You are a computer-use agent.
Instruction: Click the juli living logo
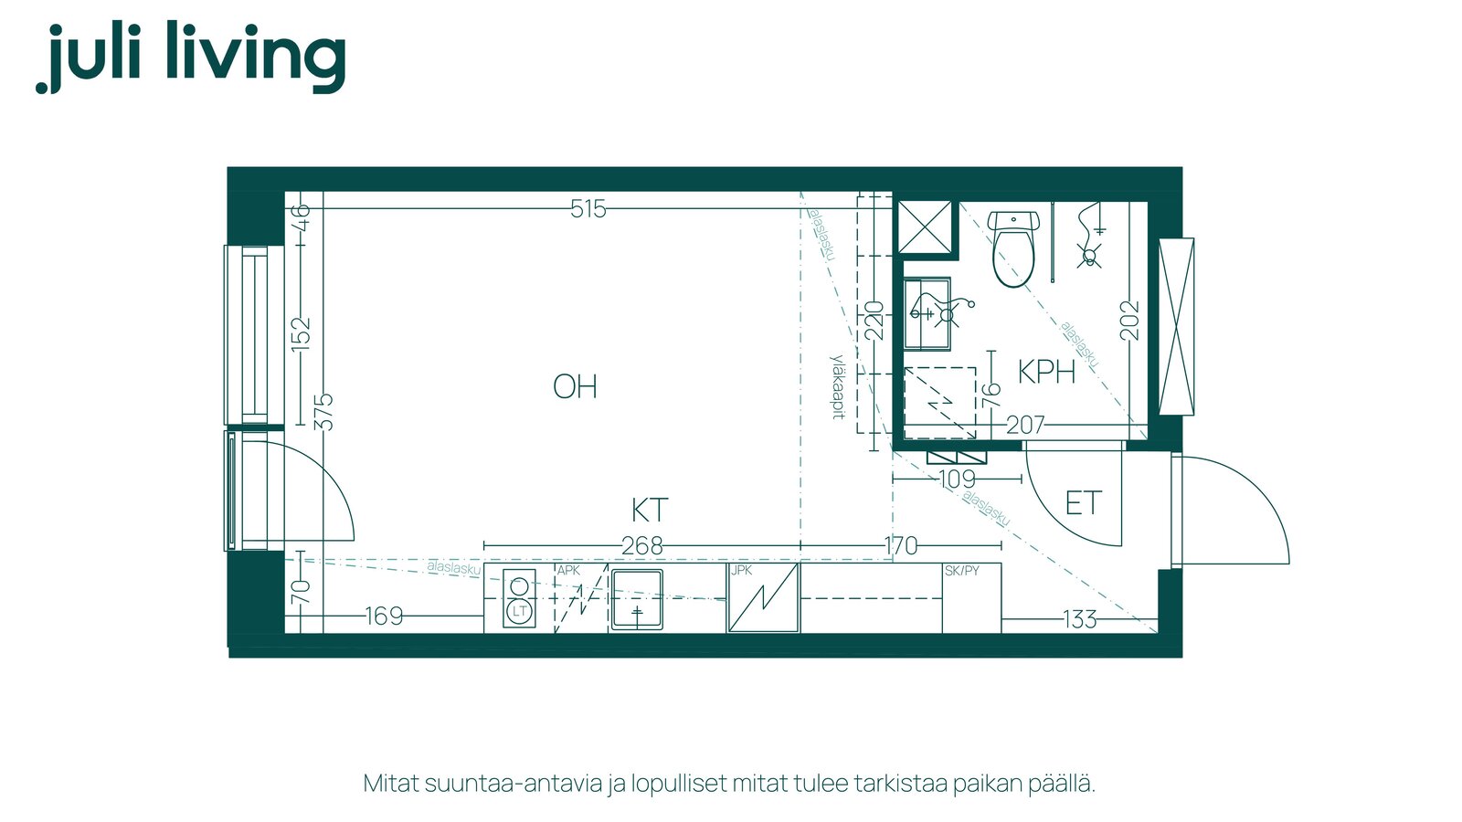[x=191, y=57]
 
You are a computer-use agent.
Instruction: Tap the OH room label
[x=575, y=387]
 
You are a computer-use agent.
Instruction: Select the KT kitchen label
[x=650, y=511]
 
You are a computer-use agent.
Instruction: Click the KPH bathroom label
[x=1047, y=372]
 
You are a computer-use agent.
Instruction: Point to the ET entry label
[x=1084, y=503]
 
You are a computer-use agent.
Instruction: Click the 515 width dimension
[x=588, y=209]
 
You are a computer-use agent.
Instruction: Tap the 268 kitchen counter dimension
[x=642, y=546]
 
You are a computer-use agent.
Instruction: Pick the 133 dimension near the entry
[x=1080, y=619]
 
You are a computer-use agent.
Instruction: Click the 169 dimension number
[x=384, y=616]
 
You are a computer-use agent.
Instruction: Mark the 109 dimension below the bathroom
[x=958, y=479]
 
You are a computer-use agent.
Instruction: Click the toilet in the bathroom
[x=1013, y=248]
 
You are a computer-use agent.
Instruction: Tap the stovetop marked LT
[x=520, y=599]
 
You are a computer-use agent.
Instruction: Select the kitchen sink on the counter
[x=636, y=599]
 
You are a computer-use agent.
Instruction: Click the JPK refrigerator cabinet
[x=763, y=597]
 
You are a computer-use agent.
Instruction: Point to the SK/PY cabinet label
[x=961, y=571]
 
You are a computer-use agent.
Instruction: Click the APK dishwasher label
[x=567, y=571]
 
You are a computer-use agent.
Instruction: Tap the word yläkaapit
[x=838, y=387]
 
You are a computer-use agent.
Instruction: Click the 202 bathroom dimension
[x=1129, y=320]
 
